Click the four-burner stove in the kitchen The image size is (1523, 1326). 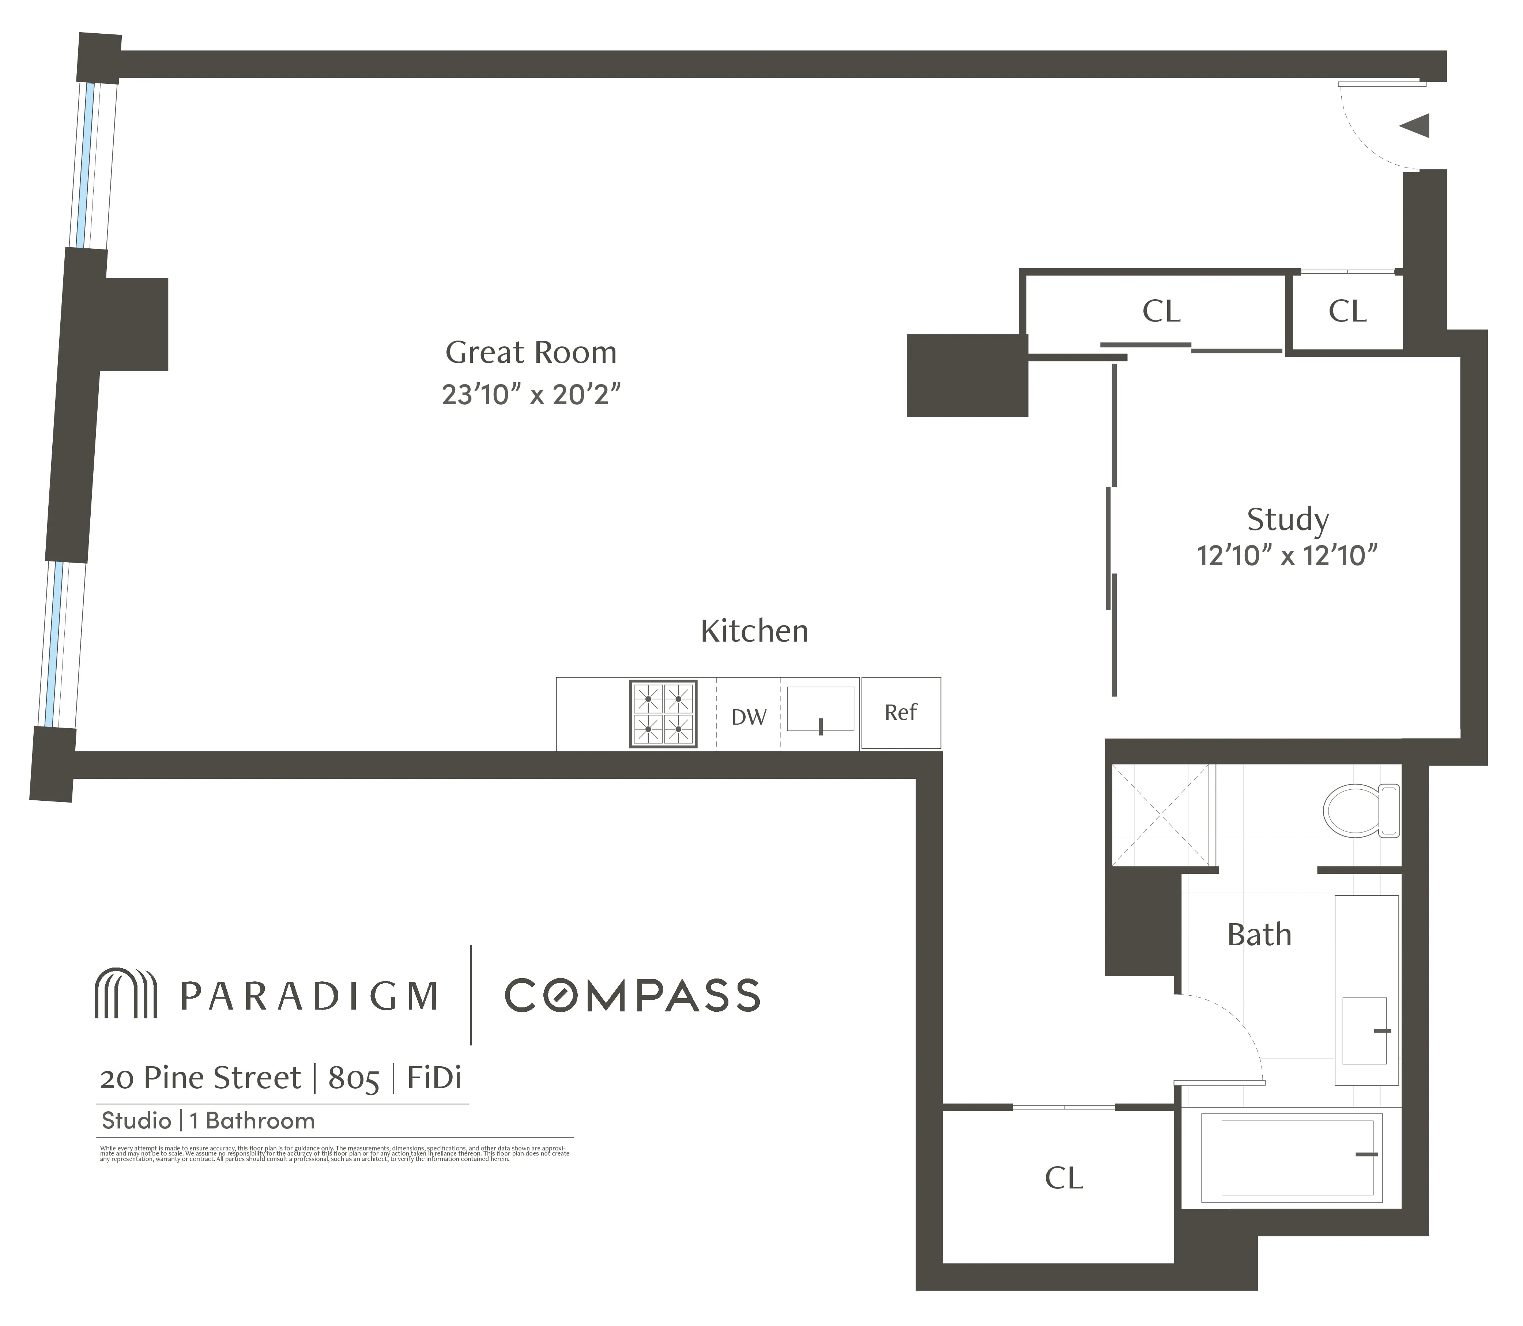(x=663, y=713)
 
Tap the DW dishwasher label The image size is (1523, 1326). (x=749, y=717)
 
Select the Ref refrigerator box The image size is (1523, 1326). (x=901, y=713)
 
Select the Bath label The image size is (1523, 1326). (x=1259, y=935)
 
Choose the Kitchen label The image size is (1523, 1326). (x=754, y=631)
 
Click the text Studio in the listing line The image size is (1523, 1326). (x=136, y=1120)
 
